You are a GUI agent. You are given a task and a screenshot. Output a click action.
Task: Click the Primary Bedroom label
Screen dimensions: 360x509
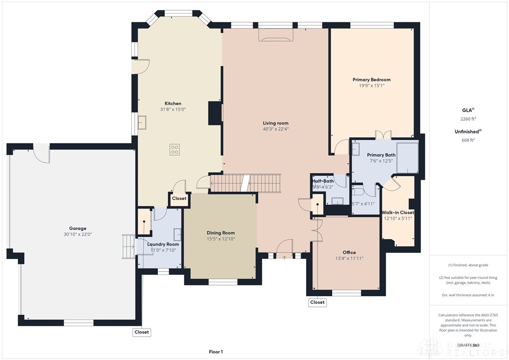(371, 80)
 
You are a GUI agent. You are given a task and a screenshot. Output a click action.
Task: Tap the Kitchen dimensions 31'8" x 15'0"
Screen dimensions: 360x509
(173, 110)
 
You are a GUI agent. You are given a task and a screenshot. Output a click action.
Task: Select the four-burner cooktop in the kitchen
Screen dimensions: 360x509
(175, 150)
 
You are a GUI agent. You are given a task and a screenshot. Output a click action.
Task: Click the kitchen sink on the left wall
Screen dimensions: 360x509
(143, 123)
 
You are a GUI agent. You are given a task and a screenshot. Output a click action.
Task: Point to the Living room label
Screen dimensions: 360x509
(275, 123)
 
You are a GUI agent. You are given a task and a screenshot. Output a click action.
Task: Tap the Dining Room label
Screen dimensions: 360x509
(221, 233)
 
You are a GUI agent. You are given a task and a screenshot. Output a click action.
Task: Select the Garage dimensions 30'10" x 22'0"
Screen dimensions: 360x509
(77, 234)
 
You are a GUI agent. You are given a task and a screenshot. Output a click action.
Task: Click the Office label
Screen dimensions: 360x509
(349, 252)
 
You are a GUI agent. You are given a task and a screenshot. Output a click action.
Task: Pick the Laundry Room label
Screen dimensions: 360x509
(163, 244)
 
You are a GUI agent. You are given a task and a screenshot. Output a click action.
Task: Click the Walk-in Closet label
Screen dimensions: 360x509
(398, 213)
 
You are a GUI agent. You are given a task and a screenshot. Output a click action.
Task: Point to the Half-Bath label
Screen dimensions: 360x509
(323, 181)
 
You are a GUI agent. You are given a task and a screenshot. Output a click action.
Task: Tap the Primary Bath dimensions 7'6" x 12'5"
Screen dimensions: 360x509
(381, 161)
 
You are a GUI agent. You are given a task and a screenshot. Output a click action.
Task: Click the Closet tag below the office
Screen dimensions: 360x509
(317, 302)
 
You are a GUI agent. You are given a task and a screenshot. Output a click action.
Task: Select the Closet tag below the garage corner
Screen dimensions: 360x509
(141, 332)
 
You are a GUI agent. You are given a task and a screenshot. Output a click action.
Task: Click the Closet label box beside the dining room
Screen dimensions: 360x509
(179, 199)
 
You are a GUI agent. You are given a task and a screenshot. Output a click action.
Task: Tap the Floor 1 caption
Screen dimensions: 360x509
(215, 352)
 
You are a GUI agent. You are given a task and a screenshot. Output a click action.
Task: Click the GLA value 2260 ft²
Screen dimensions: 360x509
(468, 118)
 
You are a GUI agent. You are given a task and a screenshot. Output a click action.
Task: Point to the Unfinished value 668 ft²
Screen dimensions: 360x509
(468, 140)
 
